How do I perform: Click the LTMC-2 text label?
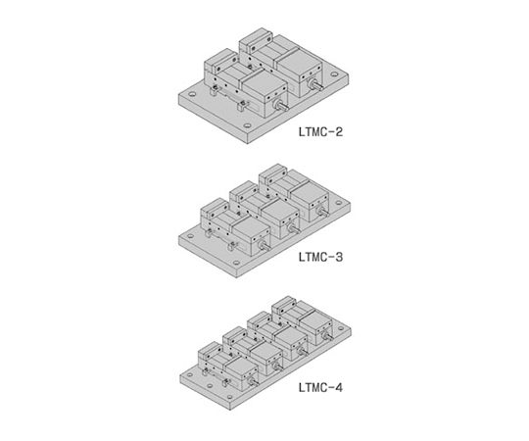(320, 131)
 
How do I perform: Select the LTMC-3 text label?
(320, 257)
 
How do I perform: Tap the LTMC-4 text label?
(320, 388)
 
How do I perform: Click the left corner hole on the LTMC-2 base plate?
(192, 94)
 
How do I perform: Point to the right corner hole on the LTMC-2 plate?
(334, 74)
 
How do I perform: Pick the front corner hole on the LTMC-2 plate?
(248, 125)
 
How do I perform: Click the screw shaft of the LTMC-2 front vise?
(282, 107)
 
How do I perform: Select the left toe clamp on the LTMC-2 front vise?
(213, 91)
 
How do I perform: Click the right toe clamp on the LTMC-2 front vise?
(243, 107)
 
